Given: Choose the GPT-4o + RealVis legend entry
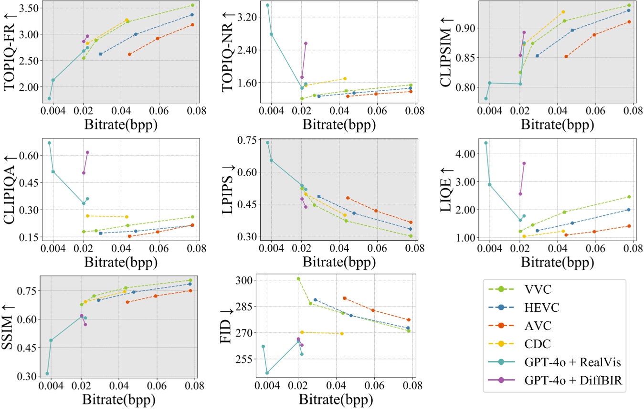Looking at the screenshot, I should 568,364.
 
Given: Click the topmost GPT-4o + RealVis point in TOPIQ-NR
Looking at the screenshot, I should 267,5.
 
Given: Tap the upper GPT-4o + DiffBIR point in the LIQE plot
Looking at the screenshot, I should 524,163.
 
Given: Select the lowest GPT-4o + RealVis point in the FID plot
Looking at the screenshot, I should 267,373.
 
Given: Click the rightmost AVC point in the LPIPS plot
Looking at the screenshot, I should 411,222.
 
